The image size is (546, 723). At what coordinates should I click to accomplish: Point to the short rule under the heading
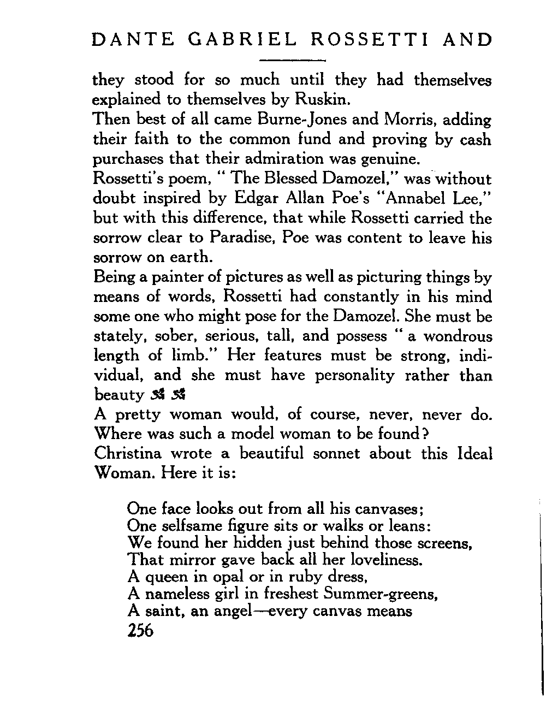tap(292, 59)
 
